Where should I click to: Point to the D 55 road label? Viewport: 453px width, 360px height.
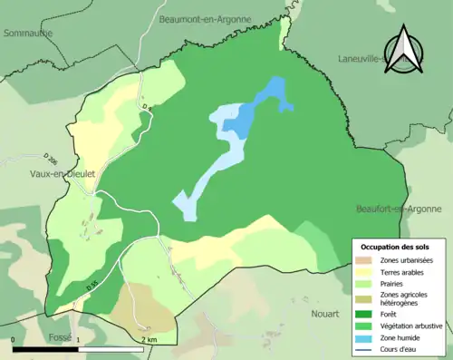[x=92, y=287]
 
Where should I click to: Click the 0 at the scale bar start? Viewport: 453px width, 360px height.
[x=14, y=339]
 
